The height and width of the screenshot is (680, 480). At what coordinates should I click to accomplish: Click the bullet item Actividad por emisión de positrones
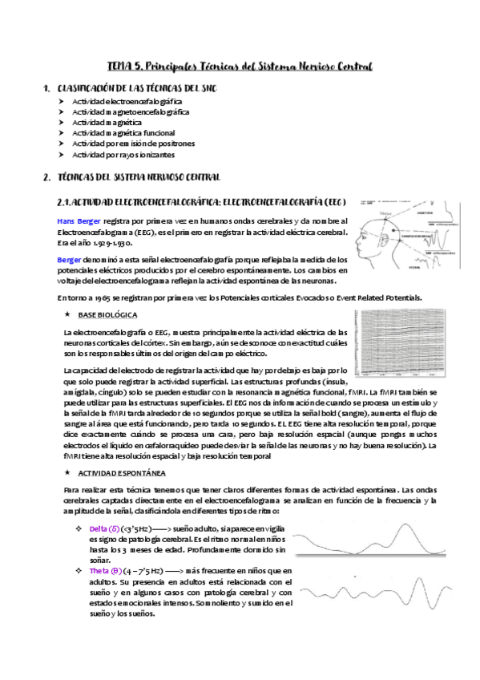(x=133, y=144)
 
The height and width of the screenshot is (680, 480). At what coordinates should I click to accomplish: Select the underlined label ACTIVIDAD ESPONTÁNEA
(x=122, y=473)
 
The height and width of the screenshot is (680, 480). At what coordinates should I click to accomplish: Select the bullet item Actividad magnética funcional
(x=123, y=133)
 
